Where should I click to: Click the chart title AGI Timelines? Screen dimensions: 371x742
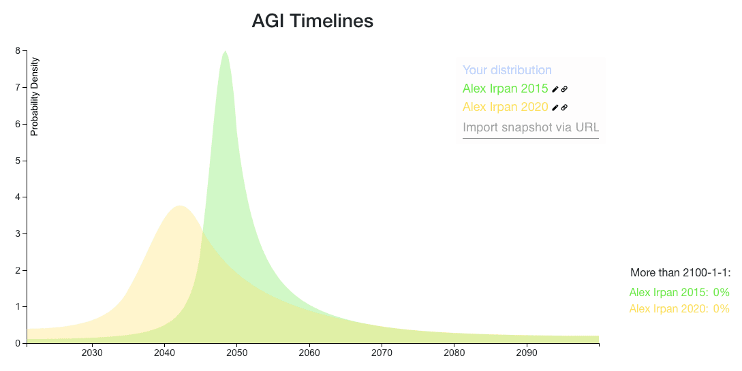pos(312,21)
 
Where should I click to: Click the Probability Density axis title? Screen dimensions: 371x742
pos(35,97)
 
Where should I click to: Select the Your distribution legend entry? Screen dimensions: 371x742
pos(507,70)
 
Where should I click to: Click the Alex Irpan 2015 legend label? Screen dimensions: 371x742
pos(505,88)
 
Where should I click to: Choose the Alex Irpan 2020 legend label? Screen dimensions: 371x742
pos(505,107)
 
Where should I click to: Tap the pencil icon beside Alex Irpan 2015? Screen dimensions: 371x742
pos(555,88)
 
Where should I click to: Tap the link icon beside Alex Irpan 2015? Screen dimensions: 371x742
pos(564,88)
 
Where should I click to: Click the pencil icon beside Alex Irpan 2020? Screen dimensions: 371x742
pos(555,107)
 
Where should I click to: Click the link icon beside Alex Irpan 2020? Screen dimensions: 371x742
pos(564,107)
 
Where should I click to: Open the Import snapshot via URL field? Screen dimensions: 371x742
pos(530,128)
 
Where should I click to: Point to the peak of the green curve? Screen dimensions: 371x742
pos(225,52)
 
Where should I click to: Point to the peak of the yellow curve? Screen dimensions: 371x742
pos(180,206)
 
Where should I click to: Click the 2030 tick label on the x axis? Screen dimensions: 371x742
pos(92,353)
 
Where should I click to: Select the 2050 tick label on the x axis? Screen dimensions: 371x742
pos(236,353)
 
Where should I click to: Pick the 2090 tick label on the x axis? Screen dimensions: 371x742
pos(527,353)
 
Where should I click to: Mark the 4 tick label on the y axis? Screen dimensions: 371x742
pos(18,197)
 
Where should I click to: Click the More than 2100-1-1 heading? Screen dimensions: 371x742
pos(680,273)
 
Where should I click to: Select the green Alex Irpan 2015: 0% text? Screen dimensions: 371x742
pos(679,293)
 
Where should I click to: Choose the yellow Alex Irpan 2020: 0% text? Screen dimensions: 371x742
pos(679,309)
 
